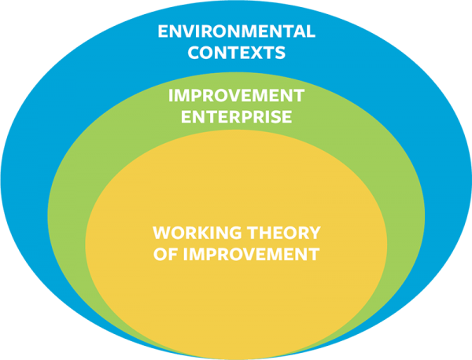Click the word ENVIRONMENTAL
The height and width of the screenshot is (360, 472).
(236, 33)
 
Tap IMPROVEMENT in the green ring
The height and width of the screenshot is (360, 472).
(235, 97)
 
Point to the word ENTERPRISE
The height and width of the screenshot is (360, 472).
(235, 118)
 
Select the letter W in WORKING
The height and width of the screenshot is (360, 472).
(160, 233)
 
